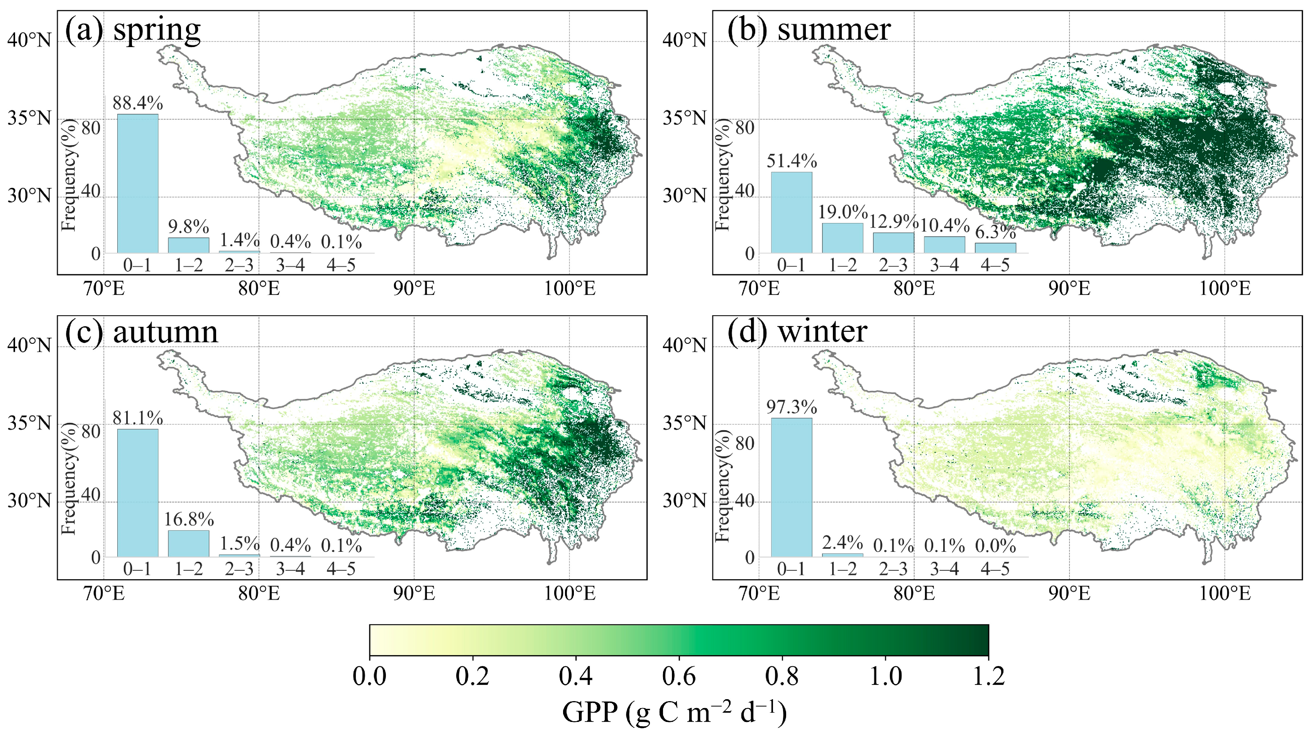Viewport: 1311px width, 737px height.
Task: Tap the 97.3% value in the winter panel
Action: (x=792, y=407)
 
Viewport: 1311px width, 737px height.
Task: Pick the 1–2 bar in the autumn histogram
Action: (x=188, y=544)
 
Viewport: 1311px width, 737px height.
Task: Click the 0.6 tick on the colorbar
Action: (x=679, y=676)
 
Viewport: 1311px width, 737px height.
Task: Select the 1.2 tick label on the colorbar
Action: (x=988, y=676)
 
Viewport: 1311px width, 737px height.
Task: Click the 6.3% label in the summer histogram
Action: (x=995, y=232)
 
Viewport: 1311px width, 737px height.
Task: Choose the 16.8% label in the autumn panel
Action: (x=188, y=519)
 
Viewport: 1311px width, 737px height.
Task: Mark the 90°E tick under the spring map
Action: (x=414, y=289)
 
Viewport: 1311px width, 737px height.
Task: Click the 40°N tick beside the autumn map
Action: (x=29, y=346)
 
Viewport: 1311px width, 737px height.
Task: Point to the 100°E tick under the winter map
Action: (x=1225, y=593)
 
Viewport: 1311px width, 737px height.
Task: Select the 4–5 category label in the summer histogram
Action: (x=995, y=265)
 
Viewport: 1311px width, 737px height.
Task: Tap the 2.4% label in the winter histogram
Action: (x=842, y=543)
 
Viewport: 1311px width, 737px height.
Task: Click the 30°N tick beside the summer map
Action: (x=685, y=196)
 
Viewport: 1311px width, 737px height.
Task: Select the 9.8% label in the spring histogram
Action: (x=188, y=227)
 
